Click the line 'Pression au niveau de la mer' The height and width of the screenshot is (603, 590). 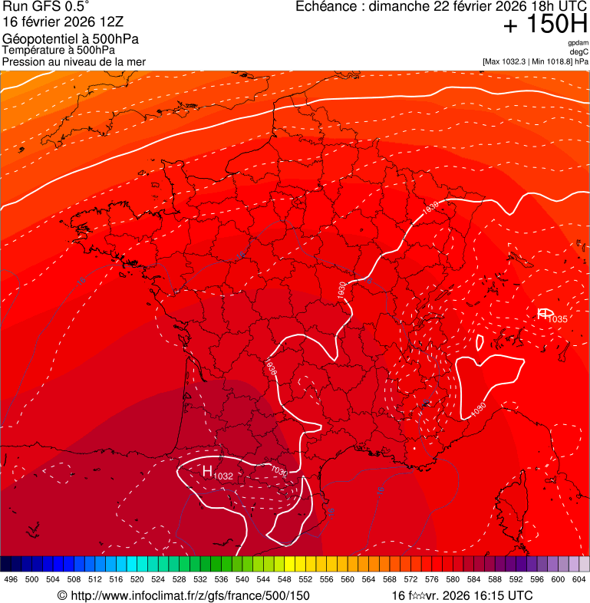click(74, 61)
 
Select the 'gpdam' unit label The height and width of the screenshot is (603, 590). click(578, 43)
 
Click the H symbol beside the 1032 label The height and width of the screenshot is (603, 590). click(206, 470)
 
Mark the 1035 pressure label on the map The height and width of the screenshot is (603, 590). click(558, 319)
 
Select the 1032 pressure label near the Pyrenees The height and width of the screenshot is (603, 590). click(223, 476)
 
